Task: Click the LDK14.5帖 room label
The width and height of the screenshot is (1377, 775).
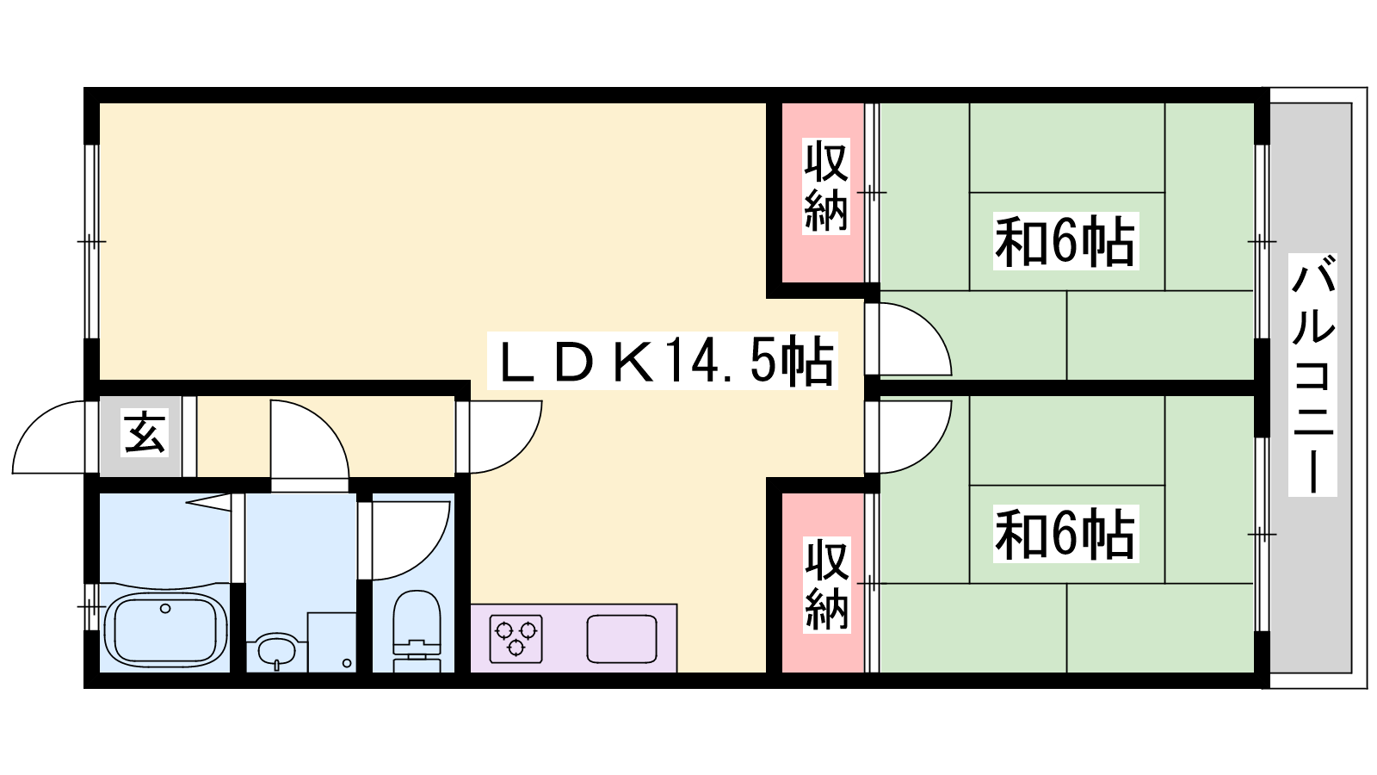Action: pyautogui.click(x=663, y=361)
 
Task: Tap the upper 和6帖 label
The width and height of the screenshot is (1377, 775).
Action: pyautogui.click(x=1065, y=241)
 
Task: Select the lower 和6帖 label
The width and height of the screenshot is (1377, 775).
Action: pyautogui.click(x=1065, y=534)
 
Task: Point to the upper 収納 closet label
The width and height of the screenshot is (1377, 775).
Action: pyautogui.click(x=825, y=186)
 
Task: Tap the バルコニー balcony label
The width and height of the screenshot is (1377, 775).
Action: pyautogui.click(x=1312, y=375)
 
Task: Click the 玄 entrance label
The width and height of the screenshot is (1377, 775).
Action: pyautogui.click(x=145, y=433)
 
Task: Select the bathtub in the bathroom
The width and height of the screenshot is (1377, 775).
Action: pyautogui.click(x=164, y=629)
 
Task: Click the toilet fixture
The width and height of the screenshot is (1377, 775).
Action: pyautogui.click(x=417, y=631)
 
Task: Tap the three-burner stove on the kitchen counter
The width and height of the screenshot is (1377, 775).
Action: pyautogui.click(x=516, y=638)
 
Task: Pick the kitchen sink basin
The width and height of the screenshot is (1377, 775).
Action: pyautogui.click(x=621, y=638)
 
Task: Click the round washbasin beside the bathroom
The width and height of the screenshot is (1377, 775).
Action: pyautogui.click(x=276, y=649)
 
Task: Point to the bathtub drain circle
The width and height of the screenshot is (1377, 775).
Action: pyautogui.click(x=164, y=608)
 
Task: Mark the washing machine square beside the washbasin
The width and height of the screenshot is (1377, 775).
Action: pyautogui.click(x=332, y=642)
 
